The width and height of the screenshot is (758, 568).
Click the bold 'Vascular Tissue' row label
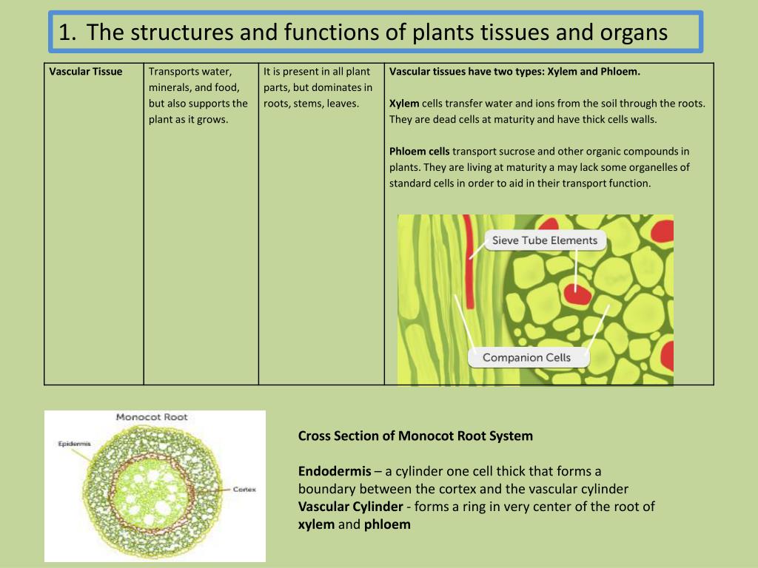(86, 72)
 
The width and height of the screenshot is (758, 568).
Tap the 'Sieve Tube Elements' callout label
(544, 240)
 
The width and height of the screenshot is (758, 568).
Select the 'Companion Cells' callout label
(526, 358)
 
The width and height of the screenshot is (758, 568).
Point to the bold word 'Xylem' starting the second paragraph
(404, 104)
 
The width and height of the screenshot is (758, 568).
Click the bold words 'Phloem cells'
(420, 152)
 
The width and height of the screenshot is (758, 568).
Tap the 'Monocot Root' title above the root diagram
(152, 417)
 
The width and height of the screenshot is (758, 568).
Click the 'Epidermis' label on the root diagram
(74, 444)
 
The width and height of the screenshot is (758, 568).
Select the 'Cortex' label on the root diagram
(244, 490)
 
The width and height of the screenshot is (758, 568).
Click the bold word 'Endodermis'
(335, 471)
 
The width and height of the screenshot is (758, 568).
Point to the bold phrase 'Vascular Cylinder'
(350, 507)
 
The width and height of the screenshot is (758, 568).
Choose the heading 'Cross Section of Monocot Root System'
(415, 436)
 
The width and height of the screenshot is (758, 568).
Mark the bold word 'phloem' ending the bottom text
(387, 524)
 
